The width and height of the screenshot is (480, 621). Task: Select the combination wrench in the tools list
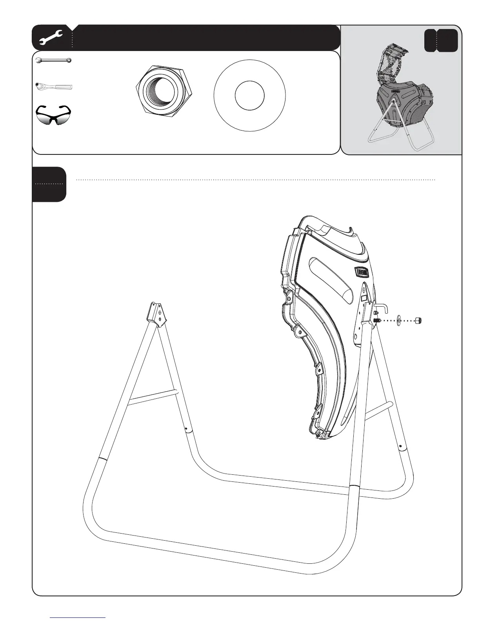tap(53, 60)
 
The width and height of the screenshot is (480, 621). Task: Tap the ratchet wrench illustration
tap(54, 86)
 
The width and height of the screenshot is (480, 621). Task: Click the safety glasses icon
tap(54, 114)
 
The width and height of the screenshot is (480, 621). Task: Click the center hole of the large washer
tap(249, 95)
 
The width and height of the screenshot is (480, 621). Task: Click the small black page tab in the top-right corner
tap(441, 40)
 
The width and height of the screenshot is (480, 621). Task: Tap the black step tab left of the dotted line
tap(49, 184)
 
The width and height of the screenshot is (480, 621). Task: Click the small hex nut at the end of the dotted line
tap(418, 321)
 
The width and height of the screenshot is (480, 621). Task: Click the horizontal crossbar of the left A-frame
tap(153, 396)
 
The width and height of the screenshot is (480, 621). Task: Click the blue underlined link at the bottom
tap(78, 617)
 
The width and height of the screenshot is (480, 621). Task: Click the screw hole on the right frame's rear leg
tap(400, 446)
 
